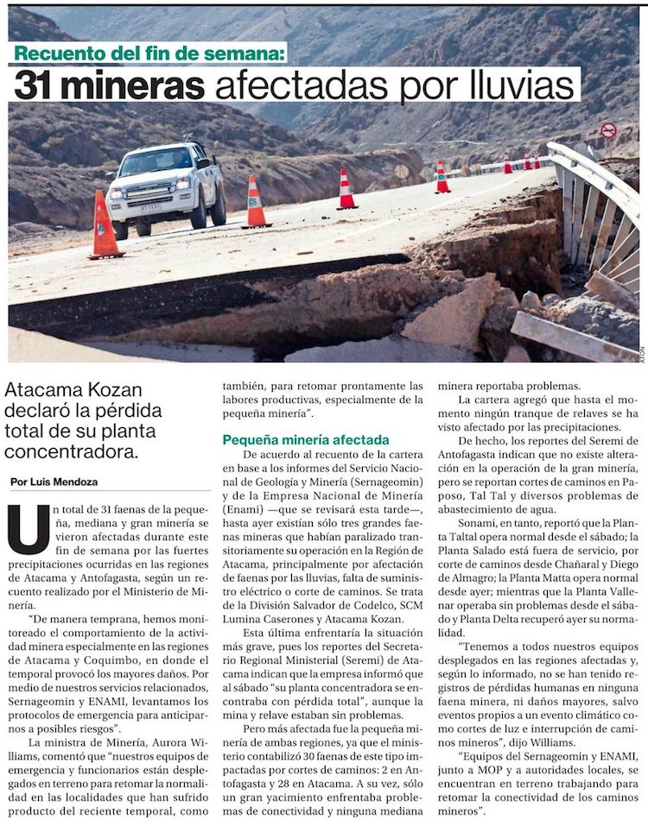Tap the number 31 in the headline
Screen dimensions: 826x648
click(39, 85)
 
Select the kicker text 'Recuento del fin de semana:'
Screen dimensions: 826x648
click(149, 54)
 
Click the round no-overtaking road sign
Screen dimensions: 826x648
click(608, 130)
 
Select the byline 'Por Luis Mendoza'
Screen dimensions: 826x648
click(54, 482)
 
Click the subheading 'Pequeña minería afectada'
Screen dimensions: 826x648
click(306, 440)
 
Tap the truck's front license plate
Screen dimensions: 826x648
click(150, 207)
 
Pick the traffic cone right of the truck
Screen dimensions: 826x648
click(256, 205)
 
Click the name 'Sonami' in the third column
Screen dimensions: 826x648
click(477, 524)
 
